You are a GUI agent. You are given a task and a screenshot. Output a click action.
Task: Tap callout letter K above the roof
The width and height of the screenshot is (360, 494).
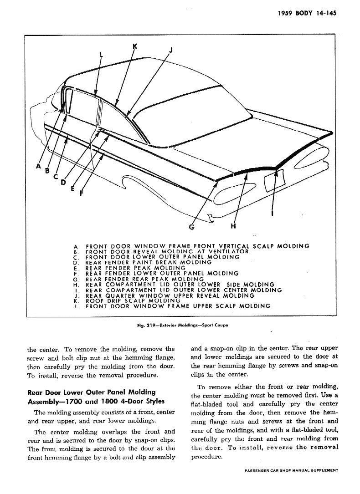(134, 46)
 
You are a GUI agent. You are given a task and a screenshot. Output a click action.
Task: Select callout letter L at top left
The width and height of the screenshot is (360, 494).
(101, 55)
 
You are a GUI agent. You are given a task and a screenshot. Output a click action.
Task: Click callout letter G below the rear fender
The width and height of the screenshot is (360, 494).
(192, 226)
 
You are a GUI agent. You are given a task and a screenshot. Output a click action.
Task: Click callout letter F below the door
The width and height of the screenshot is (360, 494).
(81, 193)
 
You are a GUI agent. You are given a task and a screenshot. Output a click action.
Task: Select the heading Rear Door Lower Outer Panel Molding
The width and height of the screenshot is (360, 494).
(92, 392)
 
